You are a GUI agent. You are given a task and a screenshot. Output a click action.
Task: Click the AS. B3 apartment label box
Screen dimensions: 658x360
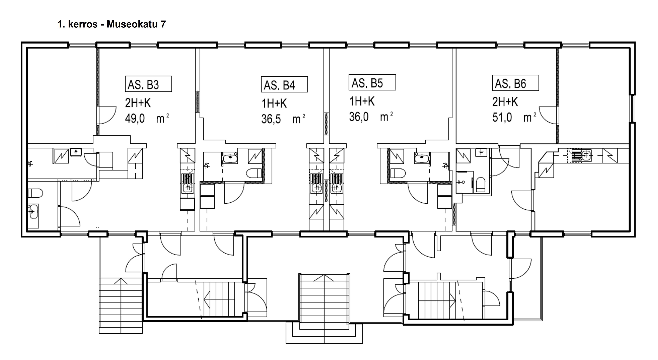(x=148, y=84)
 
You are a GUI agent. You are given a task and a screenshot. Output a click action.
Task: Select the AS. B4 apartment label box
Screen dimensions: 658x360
(x=284, y=84)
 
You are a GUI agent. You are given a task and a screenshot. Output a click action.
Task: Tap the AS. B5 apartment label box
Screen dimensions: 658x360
(x=372, y=82)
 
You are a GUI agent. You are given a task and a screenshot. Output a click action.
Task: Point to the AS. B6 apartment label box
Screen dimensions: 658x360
(x=515, y=83)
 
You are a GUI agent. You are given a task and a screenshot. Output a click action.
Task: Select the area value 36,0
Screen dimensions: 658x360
(x=359, y=117)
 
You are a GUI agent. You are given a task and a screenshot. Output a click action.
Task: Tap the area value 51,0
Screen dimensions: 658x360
(x=502, y=117)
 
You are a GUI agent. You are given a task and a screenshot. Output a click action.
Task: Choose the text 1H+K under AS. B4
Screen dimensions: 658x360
(x=274, y=104)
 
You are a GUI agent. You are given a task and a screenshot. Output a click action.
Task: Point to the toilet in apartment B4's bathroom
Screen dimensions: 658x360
(x=254, y=173)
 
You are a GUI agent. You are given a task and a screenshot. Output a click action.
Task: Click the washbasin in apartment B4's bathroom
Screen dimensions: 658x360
(x=230, y=157)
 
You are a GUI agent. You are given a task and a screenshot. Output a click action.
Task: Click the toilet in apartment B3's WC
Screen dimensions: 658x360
(x=35, y=193)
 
